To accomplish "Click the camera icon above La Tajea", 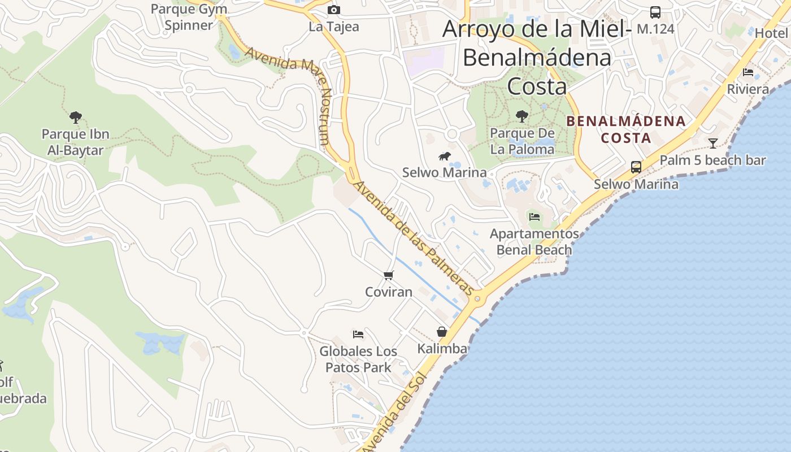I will [x=334, y=10].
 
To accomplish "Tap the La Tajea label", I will [x=334, y=27].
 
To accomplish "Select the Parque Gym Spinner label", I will [x=189, y=17].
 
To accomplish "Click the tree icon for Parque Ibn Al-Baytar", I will [x=76, y=118].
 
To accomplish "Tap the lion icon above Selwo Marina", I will [x=445, y=156].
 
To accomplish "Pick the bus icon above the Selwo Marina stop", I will [x=636, y=167].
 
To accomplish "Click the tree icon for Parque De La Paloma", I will [x=522, y=116].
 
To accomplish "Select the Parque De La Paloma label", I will [x=522, y=141].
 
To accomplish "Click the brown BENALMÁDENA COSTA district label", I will [x=626, y=129].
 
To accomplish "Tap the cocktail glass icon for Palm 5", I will [x=713, y=143].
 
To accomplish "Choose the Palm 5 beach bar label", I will [x=712, y=160].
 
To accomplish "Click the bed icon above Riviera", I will [x=748, y=72].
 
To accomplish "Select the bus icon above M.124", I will [x=655, y=12].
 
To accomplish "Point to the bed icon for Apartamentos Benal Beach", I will [x=534, y=216].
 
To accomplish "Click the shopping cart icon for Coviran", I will [x=388, y=275].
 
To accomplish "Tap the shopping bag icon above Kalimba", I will [x=442, y=332].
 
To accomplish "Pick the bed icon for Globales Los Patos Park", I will [x=358, y=334].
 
